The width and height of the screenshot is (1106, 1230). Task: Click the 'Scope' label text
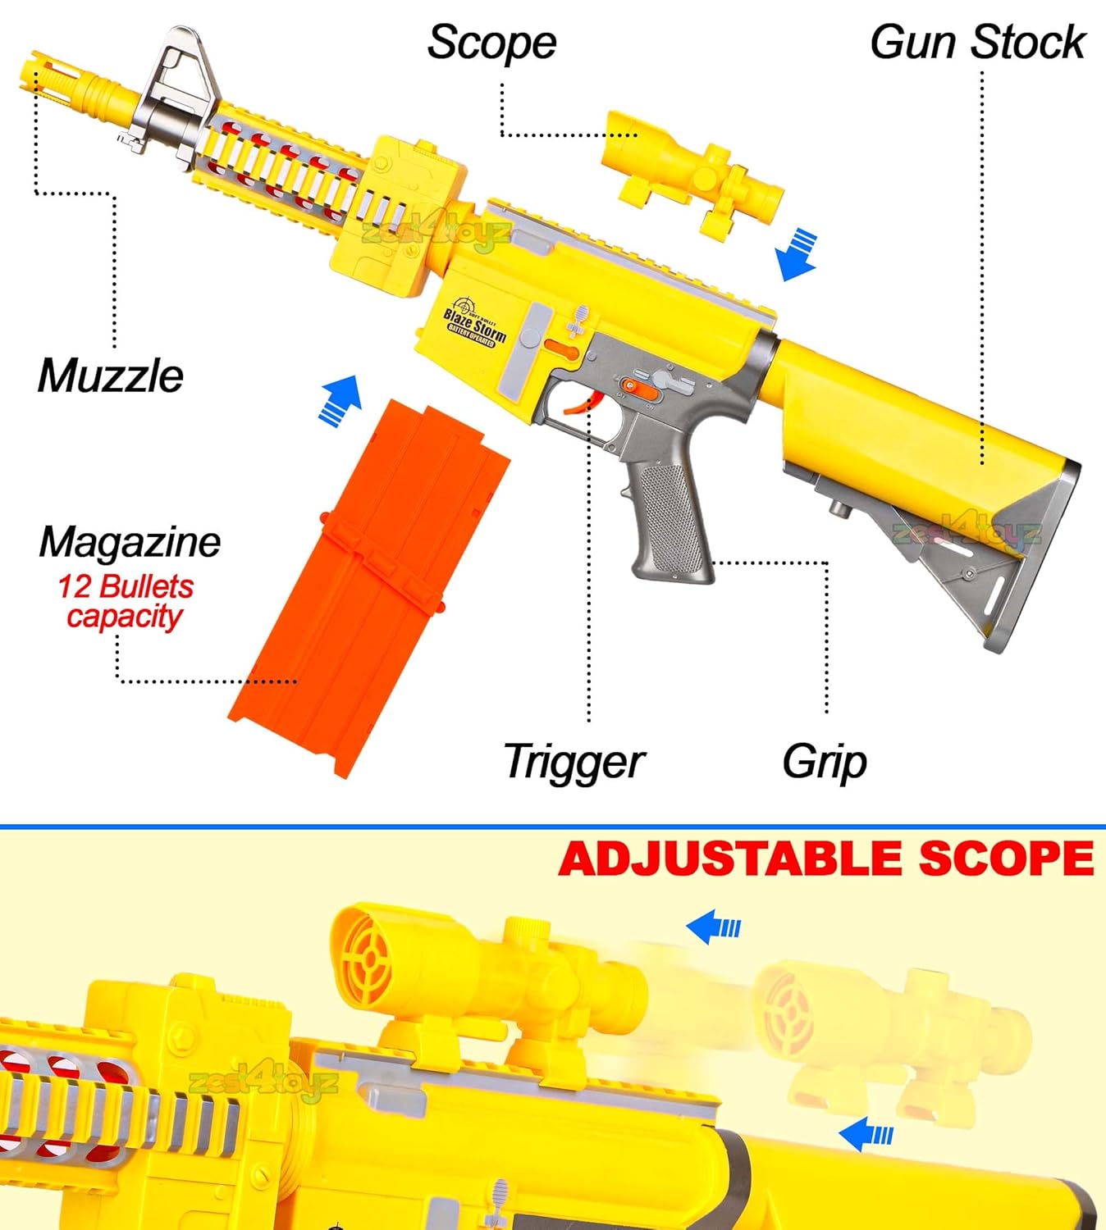pos(491,43)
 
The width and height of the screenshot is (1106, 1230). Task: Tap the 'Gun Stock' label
pos(977,43)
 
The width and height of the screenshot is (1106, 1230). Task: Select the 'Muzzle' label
pos(111,376)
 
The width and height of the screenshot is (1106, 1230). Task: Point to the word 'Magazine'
pos(130,542)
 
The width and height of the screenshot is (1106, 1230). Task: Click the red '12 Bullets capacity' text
pos(125,601)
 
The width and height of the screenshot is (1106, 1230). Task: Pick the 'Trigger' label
pos(574,762)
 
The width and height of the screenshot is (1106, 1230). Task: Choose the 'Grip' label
pos(824,762)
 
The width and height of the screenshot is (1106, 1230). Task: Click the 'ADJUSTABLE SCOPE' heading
pos(825,859)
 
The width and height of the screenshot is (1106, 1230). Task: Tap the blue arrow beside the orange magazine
pos(340,400)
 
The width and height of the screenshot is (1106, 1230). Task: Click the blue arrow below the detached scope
pos(795,255)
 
